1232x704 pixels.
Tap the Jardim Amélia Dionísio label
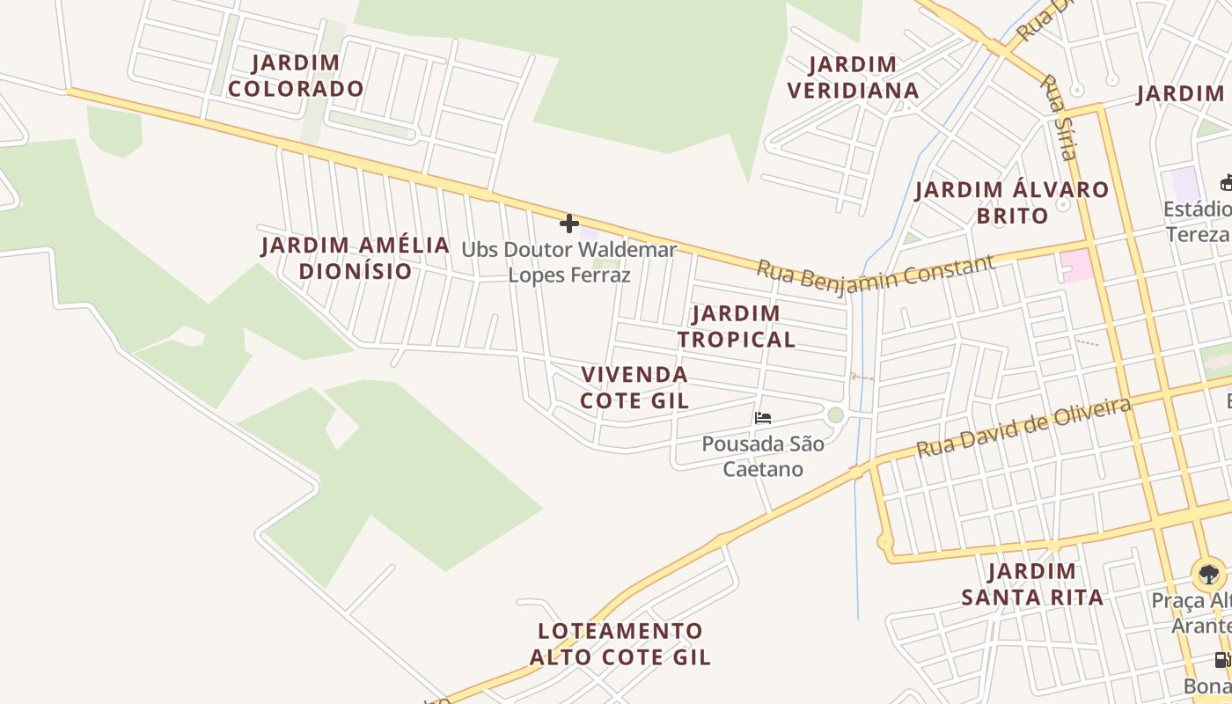click(x=356, y=258)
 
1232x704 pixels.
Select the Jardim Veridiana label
click(x=853, y=77)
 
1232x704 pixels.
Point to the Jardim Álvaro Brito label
click(x=1012, y=202)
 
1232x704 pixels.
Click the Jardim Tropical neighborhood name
click(x=736, y=326)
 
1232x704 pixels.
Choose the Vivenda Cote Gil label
click(x=634, y=387)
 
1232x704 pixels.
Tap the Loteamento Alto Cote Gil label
click(x=620, y=643)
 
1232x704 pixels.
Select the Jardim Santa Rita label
click(x=1031, y=584)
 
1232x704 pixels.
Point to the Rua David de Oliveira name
click(x=1023, y=428)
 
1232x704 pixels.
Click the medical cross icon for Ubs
click(x=569, y=224)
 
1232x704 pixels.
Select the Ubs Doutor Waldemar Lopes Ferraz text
click(x=569, y=262)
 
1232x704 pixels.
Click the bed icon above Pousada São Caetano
click(x=763, y=418)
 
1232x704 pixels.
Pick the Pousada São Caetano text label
click(x=763, y=456)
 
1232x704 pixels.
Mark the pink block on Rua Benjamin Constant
click(x=1077, y=266)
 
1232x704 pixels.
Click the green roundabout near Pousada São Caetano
click(x=835, y=414)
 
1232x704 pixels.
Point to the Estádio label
click(x=1198, y=221)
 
